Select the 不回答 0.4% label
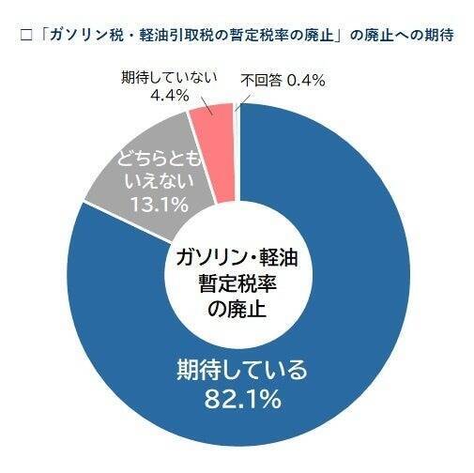pyautogui.click(x=283, y=81)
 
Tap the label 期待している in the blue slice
pyautogui.click(x=242, y=370)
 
